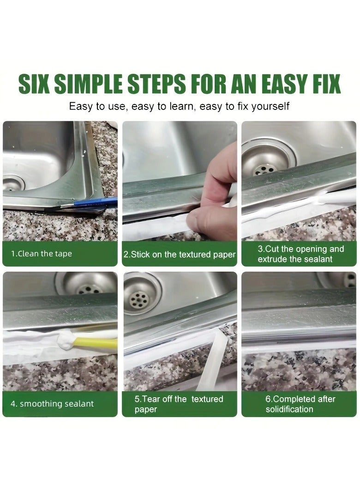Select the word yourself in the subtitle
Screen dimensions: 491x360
(270, 106)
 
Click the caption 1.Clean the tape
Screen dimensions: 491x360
(42, 254)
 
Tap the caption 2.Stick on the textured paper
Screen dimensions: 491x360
(180, 255)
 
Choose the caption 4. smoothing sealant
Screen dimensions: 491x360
(52, 404)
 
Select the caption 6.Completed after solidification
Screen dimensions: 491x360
(300, 404)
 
